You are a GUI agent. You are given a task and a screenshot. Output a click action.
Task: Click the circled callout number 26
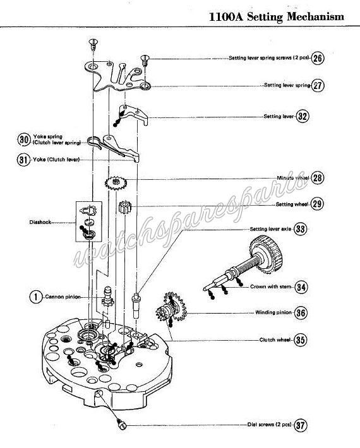pos(318,58)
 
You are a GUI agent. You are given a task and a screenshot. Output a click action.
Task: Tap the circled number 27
pos(318,85)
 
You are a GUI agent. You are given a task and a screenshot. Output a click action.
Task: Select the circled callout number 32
pos(302,116)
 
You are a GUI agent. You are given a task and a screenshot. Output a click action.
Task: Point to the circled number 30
pos(24,139)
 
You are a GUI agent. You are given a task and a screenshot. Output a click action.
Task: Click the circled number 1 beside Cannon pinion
pos(36,297)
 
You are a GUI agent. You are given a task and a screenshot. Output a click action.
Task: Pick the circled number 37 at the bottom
pos(300,425)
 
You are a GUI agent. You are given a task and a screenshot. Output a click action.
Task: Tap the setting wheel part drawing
pos(125,207)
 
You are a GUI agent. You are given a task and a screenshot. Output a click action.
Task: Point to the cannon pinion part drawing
pos(108,297)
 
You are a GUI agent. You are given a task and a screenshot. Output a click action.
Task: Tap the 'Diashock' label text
pos(40,222)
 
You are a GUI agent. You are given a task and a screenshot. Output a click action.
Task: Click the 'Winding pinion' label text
pos(273,312)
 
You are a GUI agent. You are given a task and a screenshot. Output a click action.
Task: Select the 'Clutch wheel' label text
pos(275,339)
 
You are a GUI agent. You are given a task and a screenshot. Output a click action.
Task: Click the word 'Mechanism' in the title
pos(315,16)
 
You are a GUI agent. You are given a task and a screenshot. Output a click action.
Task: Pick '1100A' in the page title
pos(226,16)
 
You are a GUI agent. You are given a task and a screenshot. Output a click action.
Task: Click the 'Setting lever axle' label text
pos(270,229)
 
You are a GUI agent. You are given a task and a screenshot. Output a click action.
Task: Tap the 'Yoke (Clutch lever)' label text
pos(56,160)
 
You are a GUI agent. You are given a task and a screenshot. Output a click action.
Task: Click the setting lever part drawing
pos(133,114)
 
